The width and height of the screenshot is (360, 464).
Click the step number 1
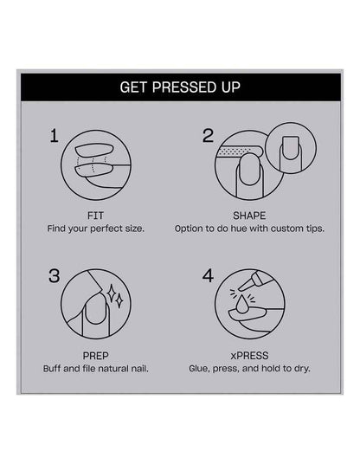pos(55,136)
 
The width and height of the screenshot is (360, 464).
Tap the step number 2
pos(208,136)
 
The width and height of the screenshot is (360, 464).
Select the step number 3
pos(55,276)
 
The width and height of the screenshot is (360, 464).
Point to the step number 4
pos(208,276)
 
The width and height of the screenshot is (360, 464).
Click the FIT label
pos(95,216)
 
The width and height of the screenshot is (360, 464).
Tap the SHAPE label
pos(249,216)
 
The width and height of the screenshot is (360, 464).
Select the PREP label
pos(95,356)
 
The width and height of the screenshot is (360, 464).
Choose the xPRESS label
pos(249,356)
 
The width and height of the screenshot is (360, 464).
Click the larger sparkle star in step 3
pos(112,293)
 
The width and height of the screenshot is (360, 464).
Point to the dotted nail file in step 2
pos(240,151)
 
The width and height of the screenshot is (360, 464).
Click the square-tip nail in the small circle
pos(290,147)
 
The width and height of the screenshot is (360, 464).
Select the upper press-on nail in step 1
pos(93,151)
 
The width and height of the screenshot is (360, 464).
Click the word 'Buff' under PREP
pos(52,369)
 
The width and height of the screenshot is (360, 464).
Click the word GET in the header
pos(133,87)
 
